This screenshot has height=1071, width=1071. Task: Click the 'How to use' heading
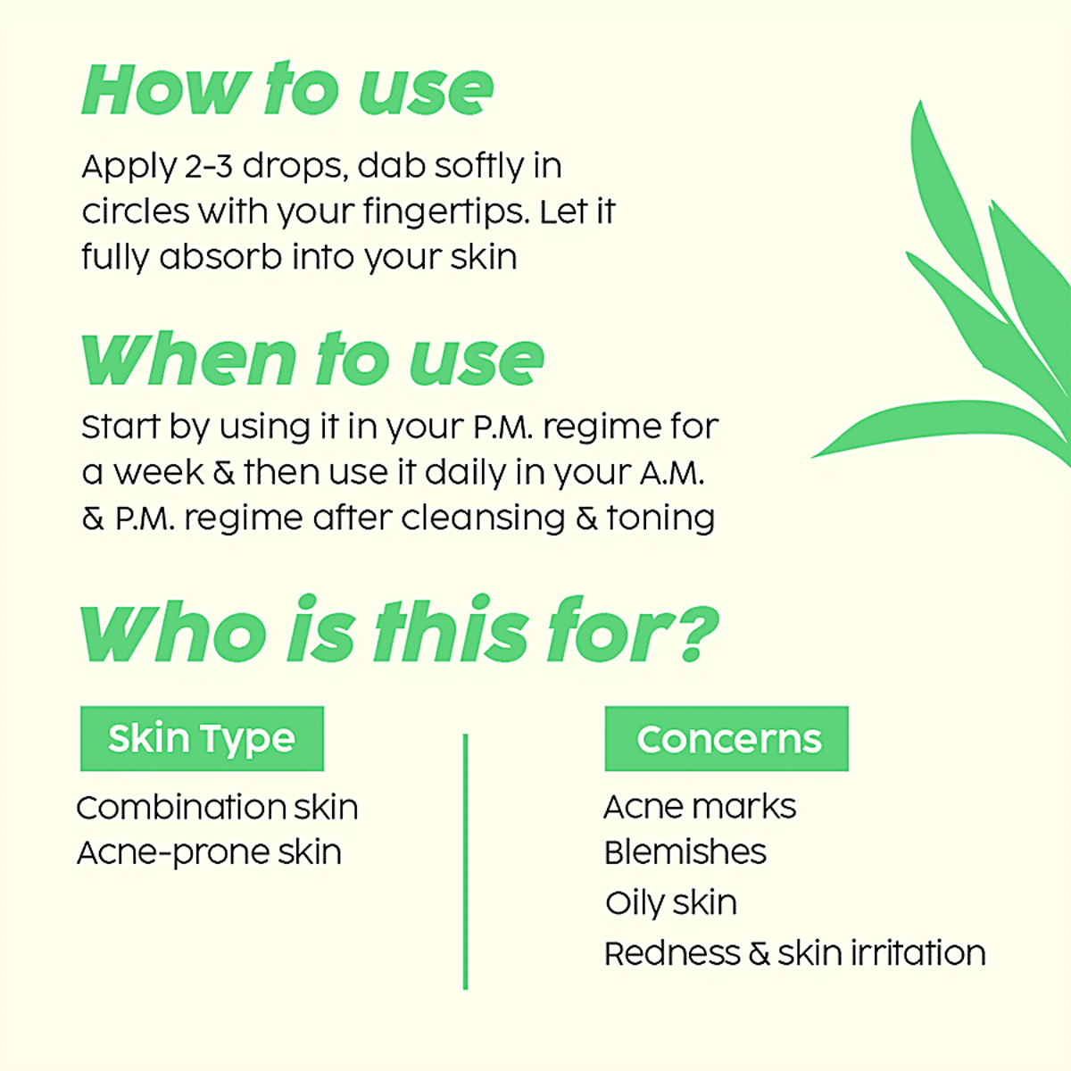[286, 89]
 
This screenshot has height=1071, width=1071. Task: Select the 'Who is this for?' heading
[399, 632]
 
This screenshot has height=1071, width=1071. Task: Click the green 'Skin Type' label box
[202, 739]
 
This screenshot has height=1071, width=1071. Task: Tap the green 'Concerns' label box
[726, 739]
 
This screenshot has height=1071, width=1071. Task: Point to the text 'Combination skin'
[217, 808]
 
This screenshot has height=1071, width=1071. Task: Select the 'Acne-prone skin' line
[209, 853]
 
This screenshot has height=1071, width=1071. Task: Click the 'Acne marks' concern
[700, 807]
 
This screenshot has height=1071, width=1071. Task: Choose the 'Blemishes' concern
[685, 852]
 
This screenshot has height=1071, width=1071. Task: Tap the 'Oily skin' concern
[670, 902]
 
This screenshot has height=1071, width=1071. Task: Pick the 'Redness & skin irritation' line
[794, 953]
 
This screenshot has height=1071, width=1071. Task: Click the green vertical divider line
[465, 861]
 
